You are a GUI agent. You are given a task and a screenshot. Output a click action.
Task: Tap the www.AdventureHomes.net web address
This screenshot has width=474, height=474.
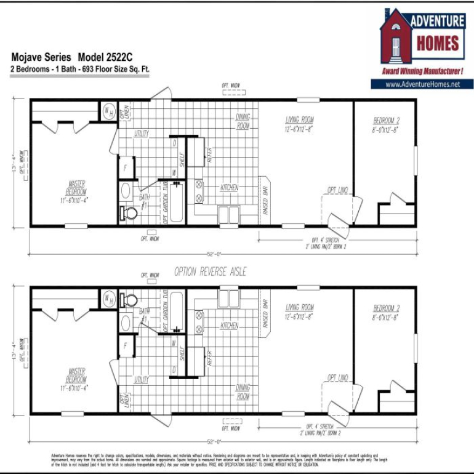pos(422,84)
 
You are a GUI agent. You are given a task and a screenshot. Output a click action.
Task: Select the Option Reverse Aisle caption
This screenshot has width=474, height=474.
pos(210,271)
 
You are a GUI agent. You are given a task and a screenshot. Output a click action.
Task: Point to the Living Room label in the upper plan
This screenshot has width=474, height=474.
pos(300,124)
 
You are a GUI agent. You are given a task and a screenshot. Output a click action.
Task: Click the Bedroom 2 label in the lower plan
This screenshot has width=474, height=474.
pos(386,312)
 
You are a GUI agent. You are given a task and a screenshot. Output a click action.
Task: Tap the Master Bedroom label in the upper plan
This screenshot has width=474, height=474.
pos(77,191)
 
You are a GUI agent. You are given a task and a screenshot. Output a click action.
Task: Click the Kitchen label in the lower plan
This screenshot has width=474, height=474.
pos(229,326)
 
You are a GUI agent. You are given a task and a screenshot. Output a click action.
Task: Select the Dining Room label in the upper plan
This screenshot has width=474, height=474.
pos(243,121)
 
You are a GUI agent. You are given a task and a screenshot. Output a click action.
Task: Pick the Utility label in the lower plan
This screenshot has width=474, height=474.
pos(142,380)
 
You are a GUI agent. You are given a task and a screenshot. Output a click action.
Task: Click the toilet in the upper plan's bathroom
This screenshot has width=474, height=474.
pos(130,213)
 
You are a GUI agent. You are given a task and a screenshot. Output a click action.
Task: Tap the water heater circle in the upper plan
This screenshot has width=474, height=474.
pos(108,111)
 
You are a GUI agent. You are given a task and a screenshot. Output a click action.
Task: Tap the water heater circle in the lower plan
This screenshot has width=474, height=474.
pos(108,299)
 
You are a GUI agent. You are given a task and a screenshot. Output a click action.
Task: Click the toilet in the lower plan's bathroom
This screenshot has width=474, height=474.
pos(130,300)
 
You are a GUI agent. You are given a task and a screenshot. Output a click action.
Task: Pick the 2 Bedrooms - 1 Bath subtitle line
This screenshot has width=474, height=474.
pos(79,70)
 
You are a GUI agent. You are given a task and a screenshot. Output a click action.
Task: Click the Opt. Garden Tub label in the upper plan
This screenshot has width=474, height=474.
pos(164,203)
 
